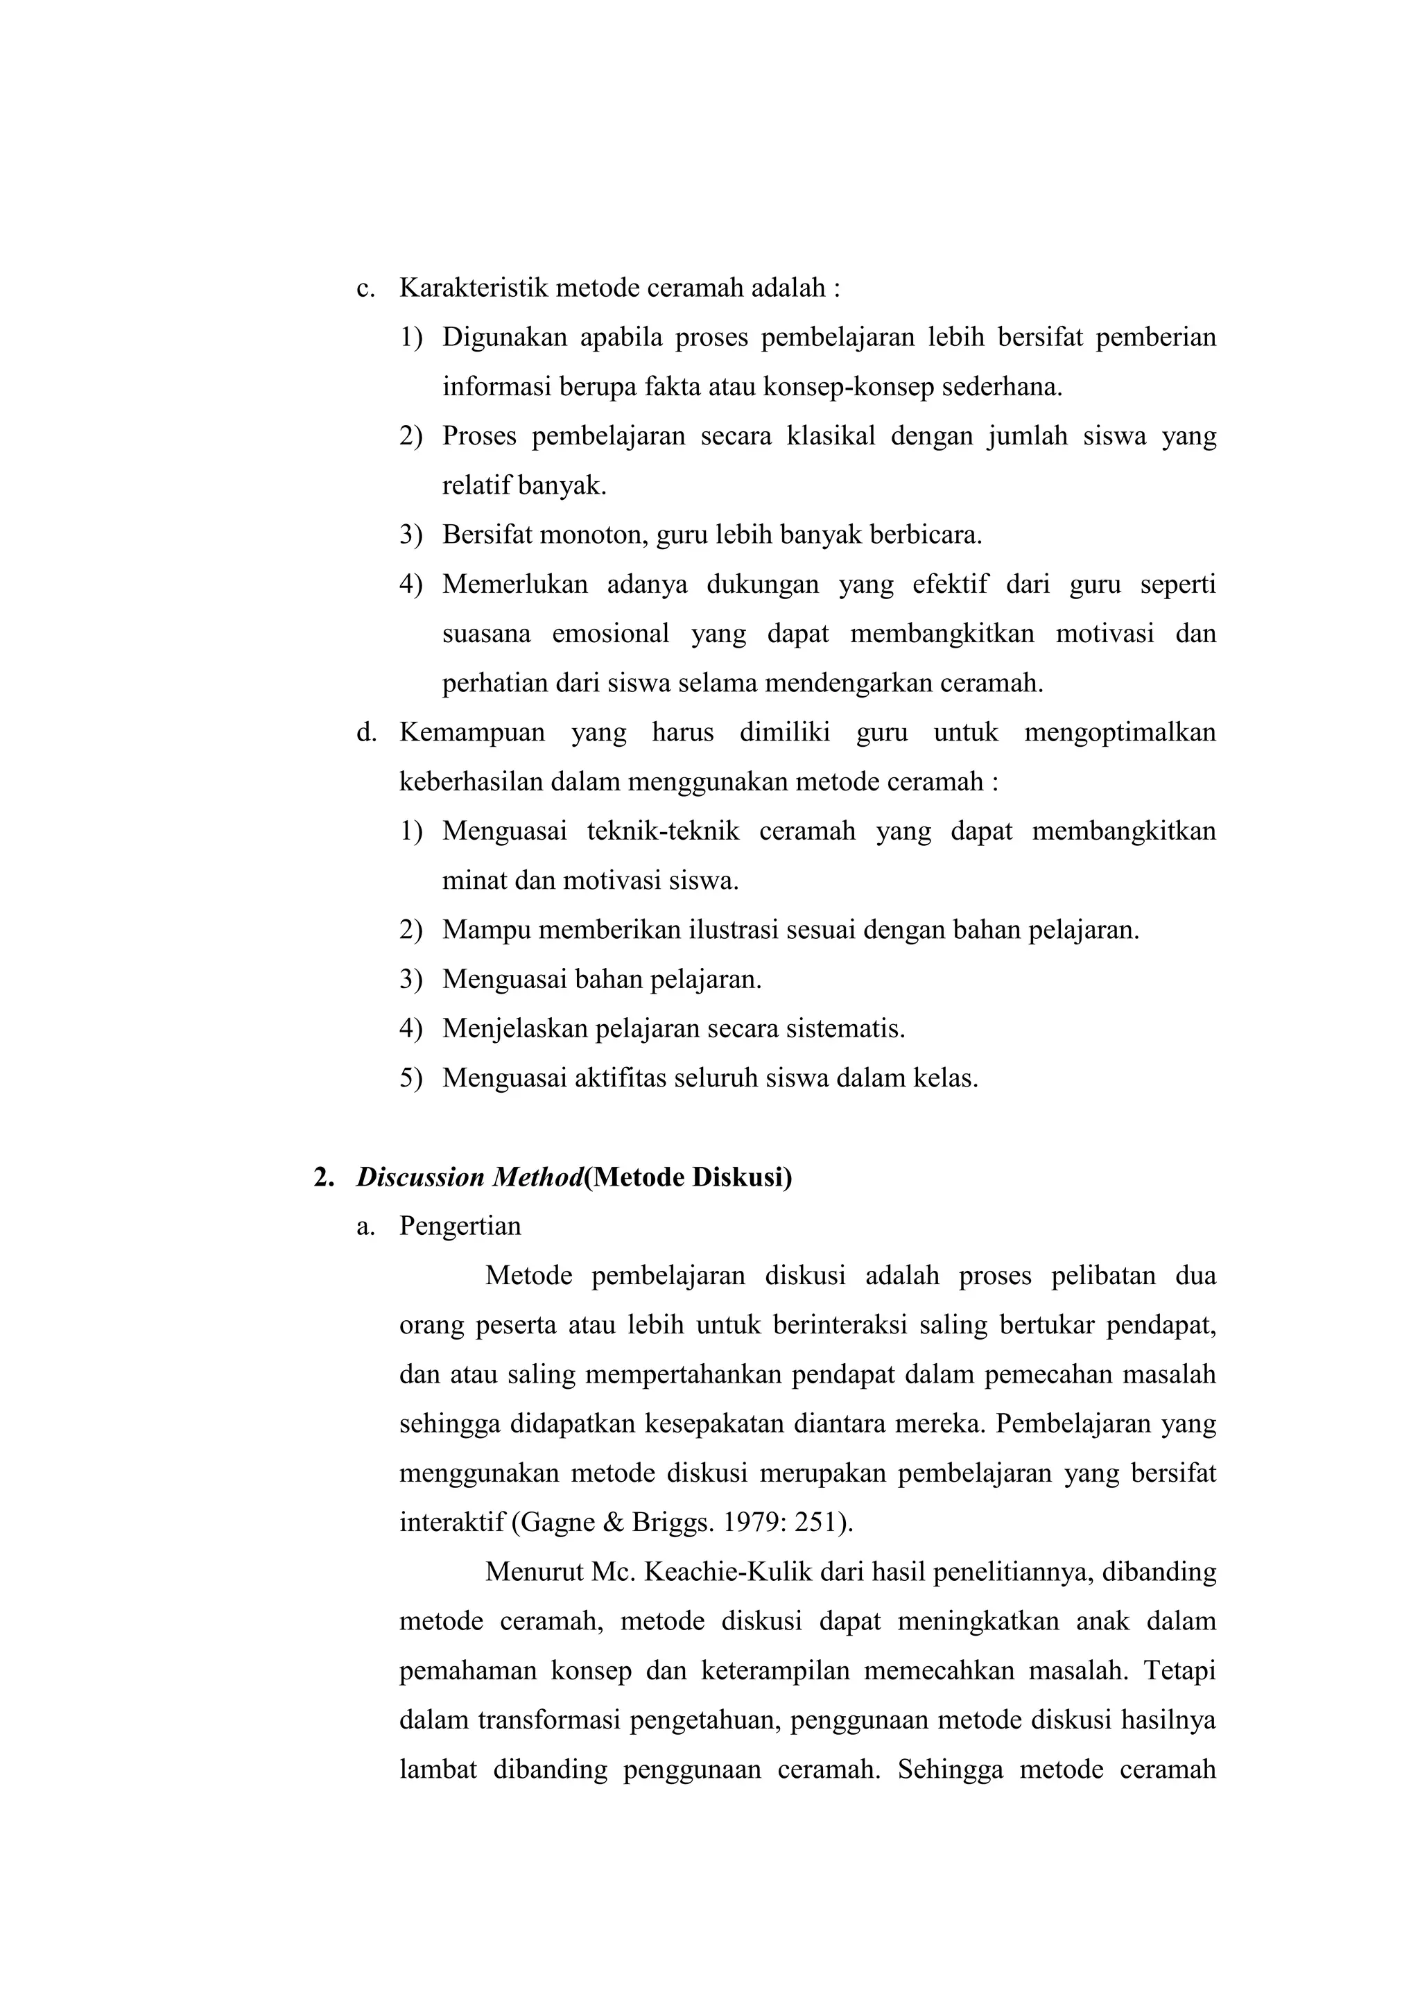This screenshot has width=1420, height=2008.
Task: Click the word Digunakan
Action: (505, 337)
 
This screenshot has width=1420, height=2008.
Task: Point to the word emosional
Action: (610, 633)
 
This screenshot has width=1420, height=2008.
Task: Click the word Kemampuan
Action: (471, 732)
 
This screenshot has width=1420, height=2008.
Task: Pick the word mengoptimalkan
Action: (1119, 732)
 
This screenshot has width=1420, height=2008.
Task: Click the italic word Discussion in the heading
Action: (421, 1177)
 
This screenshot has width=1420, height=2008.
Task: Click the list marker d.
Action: (366, 732)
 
